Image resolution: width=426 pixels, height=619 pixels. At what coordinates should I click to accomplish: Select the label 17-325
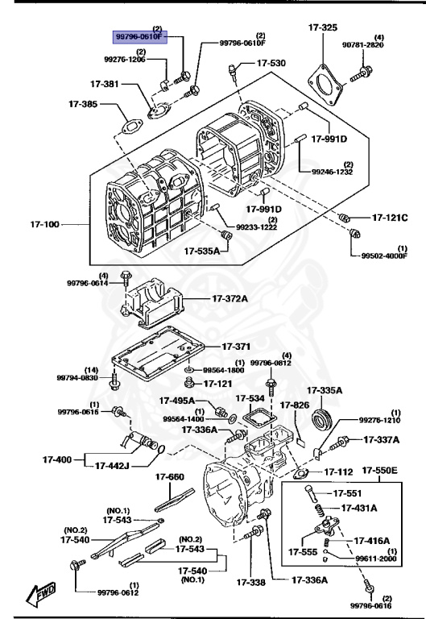point(322,27)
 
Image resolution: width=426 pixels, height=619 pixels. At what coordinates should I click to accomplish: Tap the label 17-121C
point(390,218)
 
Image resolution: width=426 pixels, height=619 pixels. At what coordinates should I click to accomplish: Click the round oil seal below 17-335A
point(323,419)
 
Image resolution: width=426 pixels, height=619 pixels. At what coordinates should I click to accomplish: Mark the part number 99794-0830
point(77,377)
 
